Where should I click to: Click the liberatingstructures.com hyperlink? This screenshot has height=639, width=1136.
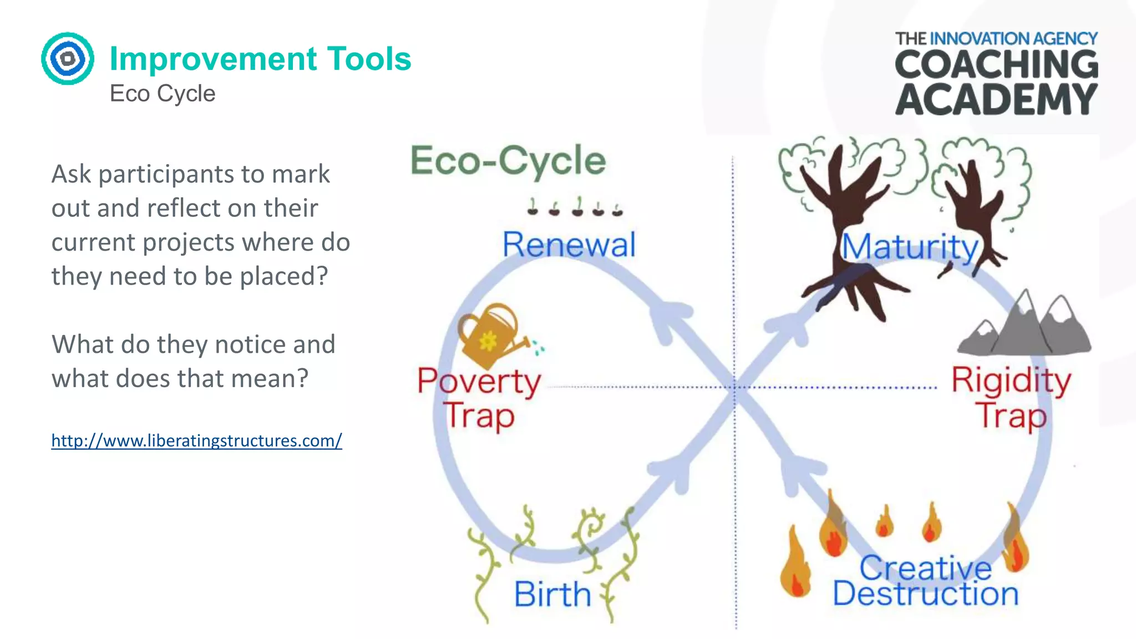(x=196, y=440)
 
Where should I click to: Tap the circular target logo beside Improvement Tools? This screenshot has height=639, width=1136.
(x=67, y=58)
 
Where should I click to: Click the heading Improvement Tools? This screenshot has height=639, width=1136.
(x=260, y=58)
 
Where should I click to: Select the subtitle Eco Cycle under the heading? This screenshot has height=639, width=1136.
(x=162, y=93)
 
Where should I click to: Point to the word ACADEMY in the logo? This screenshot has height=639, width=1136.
(x=996, y=100)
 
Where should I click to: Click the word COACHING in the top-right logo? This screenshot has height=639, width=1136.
(x=996, y=64)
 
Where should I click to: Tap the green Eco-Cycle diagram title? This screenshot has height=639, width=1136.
(x=508, y=160)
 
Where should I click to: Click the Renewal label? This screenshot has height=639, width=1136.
(x=569, y=245)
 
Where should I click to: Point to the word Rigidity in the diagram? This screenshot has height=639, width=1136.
(x=1011, y=381)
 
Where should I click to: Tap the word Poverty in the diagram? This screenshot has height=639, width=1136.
(x=479, y=382)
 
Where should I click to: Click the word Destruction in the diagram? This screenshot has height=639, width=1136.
(x=925, y=594)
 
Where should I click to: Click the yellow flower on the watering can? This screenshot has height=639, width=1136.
(x=488, y=341)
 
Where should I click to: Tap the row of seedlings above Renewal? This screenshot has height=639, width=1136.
(x=575, y=207)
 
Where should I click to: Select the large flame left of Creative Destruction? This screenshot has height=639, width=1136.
(x=795, y=564)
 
